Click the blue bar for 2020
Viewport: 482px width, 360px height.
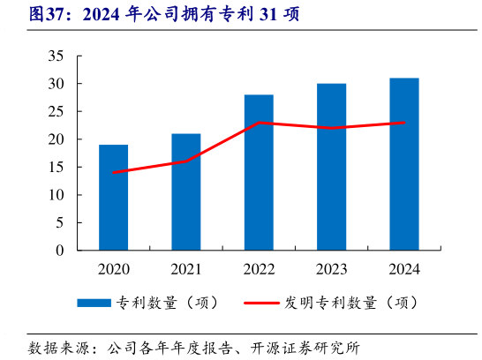pyautogui.click(x=113, y=198)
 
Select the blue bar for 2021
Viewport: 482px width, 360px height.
pyautogui.click(x=186, y=192)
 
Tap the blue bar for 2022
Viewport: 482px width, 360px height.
pyautogui.click(x=259, y=173)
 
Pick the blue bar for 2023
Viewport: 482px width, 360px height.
pyautogui.click(x=332, y=167)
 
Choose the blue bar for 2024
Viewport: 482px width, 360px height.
pyautogui.click(x=404, y=164)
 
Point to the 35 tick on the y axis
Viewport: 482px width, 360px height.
pyautogui.click(x=56, y=56)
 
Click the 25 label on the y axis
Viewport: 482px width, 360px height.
pyautogui.click(x=56, y=112)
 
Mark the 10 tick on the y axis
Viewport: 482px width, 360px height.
pyautogui.click(x=56, y=195)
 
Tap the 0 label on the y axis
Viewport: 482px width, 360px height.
pyautogui.click(x=60, y=251)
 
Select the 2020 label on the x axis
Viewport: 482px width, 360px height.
pyautogui.click(x=113, y=268)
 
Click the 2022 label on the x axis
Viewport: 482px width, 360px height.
pyautogui.click(x=259, y=268)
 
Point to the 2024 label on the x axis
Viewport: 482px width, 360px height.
pyautogui.click(x=404, y=268)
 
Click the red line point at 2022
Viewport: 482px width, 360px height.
pyautogui.click(x=259, y=123)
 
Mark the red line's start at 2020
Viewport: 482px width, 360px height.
pyautogui.click(x=113, y=173)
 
